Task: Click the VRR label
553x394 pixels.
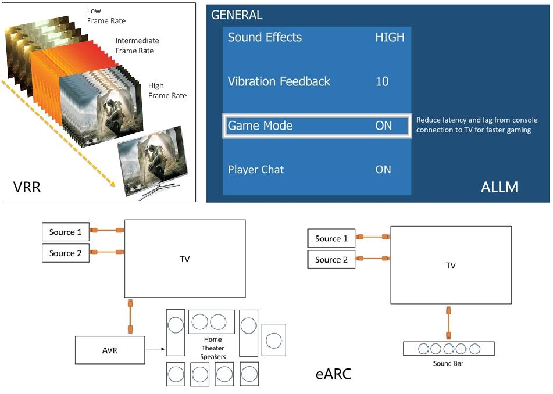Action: [x=27, y=187]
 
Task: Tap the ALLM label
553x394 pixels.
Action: [x=500, y=187]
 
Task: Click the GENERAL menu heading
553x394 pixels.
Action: [x=237, y=15]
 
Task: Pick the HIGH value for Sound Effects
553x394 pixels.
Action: [x=390, y=37]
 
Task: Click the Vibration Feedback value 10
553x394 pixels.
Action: [x=382, y=81]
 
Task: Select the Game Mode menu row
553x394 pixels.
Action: [x=317, y=126]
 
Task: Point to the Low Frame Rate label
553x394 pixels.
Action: [x=106, y=16]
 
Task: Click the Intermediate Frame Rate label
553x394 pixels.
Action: [x=137, y=45]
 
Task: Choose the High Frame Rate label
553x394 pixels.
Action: [x=167, y=90]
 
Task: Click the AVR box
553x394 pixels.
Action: [x=110, y=350]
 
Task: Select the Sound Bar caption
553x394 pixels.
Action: [x=448, y=364]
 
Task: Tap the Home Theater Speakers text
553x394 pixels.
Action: [x=213, y=348]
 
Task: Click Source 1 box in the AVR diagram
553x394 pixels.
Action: [x=65, y=232]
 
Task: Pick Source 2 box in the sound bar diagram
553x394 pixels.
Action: [x=331, y=260]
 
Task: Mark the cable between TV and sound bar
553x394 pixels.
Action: [x=448, y=323]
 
